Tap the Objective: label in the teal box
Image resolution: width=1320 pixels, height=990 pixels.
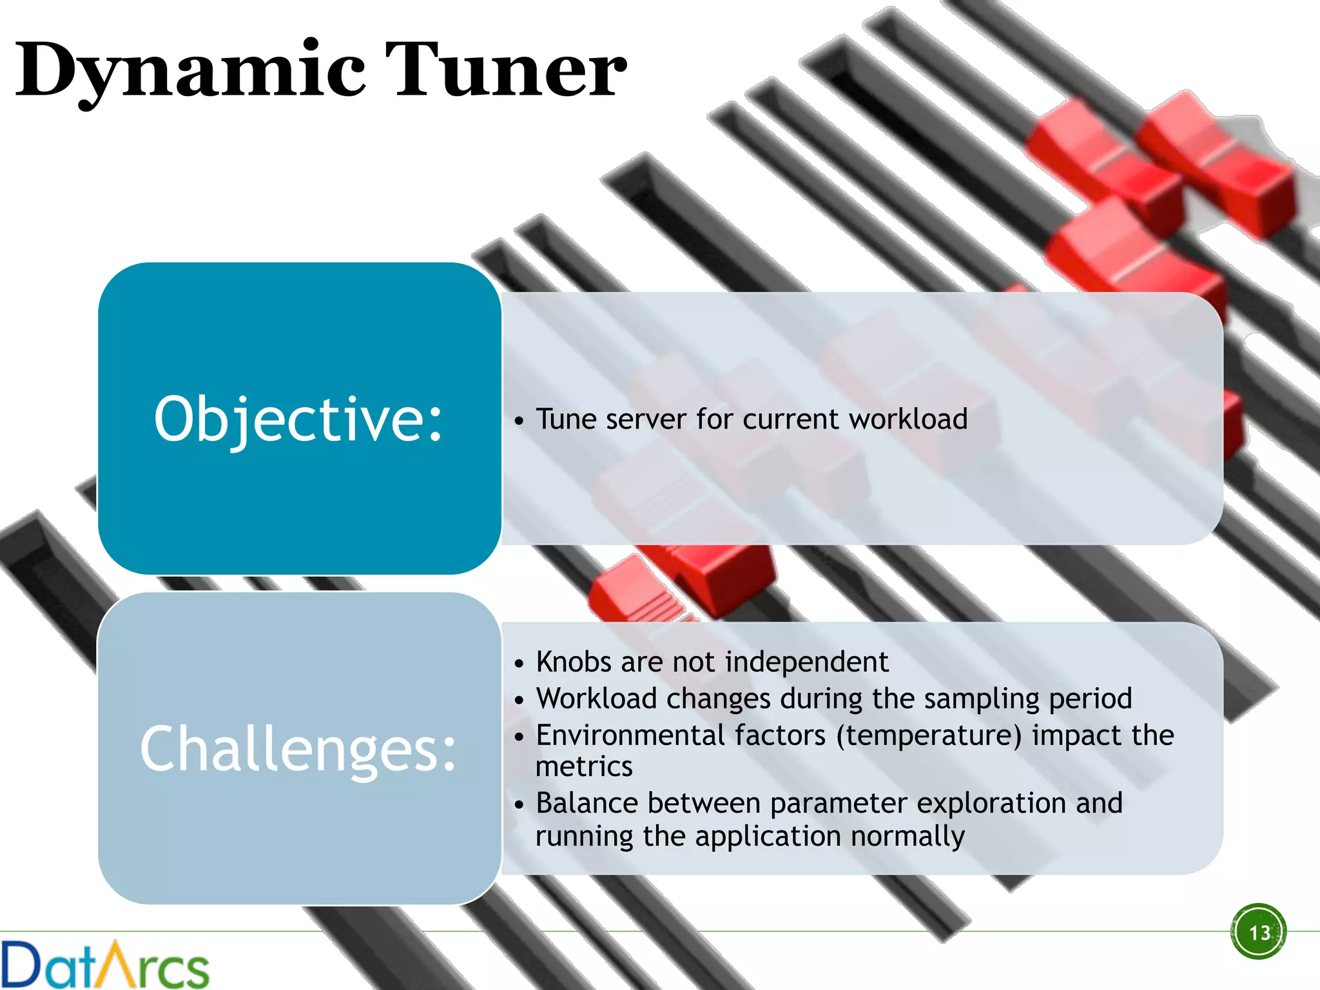click(x=298, y=420)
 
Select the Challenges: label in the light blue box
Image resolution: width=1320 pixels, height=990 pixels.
click(x=298, y=749)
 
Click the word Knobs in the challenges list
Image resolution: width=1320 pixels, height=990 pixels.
click(x=573, y=662)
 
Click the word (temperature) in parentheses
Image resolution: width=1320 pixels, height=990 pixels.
click(x=929, y=735)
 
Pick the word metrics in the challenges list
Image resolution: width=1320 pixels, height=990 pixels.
click(x=584, y=767)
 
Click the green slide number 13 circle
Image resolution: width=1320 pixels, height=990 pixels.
click(x=1259, y=932)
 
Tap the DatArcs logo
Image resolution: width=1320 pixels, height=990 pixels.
click(x=105, y=964)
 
